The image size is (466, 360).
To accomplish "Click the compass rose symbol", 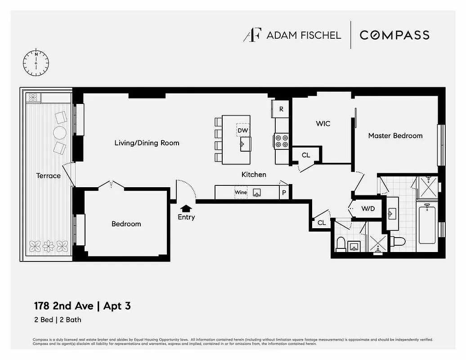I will (x=36, y=63).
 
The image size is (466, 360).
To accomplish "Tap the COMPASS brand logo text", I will (x=394, y=35).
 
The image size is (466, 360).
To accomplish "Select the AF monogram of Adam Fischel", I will (x=252, y=35).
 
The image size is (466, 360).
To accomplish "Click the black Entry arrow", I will (x=186, y=208).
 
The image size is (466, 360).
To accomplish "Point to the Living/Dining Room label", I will (x=147, y=143).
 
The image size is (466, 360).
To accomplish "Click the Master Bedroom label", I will (x=395, y=135).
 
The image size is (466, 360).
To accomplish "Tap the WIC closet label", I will (x=323, y=123).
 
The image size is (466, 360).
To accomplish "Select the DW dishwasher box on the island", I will (x=243, y=130).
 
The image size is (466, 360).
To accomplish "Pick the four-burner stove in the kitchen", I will (x=281, y=141).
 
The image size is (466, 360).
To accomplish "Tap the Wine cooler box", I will (x=241, y=193).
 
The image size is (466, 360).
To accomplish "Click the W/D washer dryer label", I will (x=368, y=208).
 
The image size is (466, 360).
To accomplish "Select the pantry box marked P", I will (x=284, y=193).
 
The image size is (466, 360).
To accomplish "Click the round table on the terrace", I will (x=60, y=132).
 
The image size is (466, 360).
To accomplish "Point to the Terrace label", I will (x=48, y=175).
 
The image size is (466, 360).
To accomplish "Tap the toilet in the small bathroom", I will (x=341, y=244).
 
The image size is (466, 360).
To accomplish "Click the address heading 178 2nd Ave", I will (x=63, y=306).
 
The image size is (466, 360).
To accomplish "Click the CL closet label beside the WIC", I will (x=306, y=155).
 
